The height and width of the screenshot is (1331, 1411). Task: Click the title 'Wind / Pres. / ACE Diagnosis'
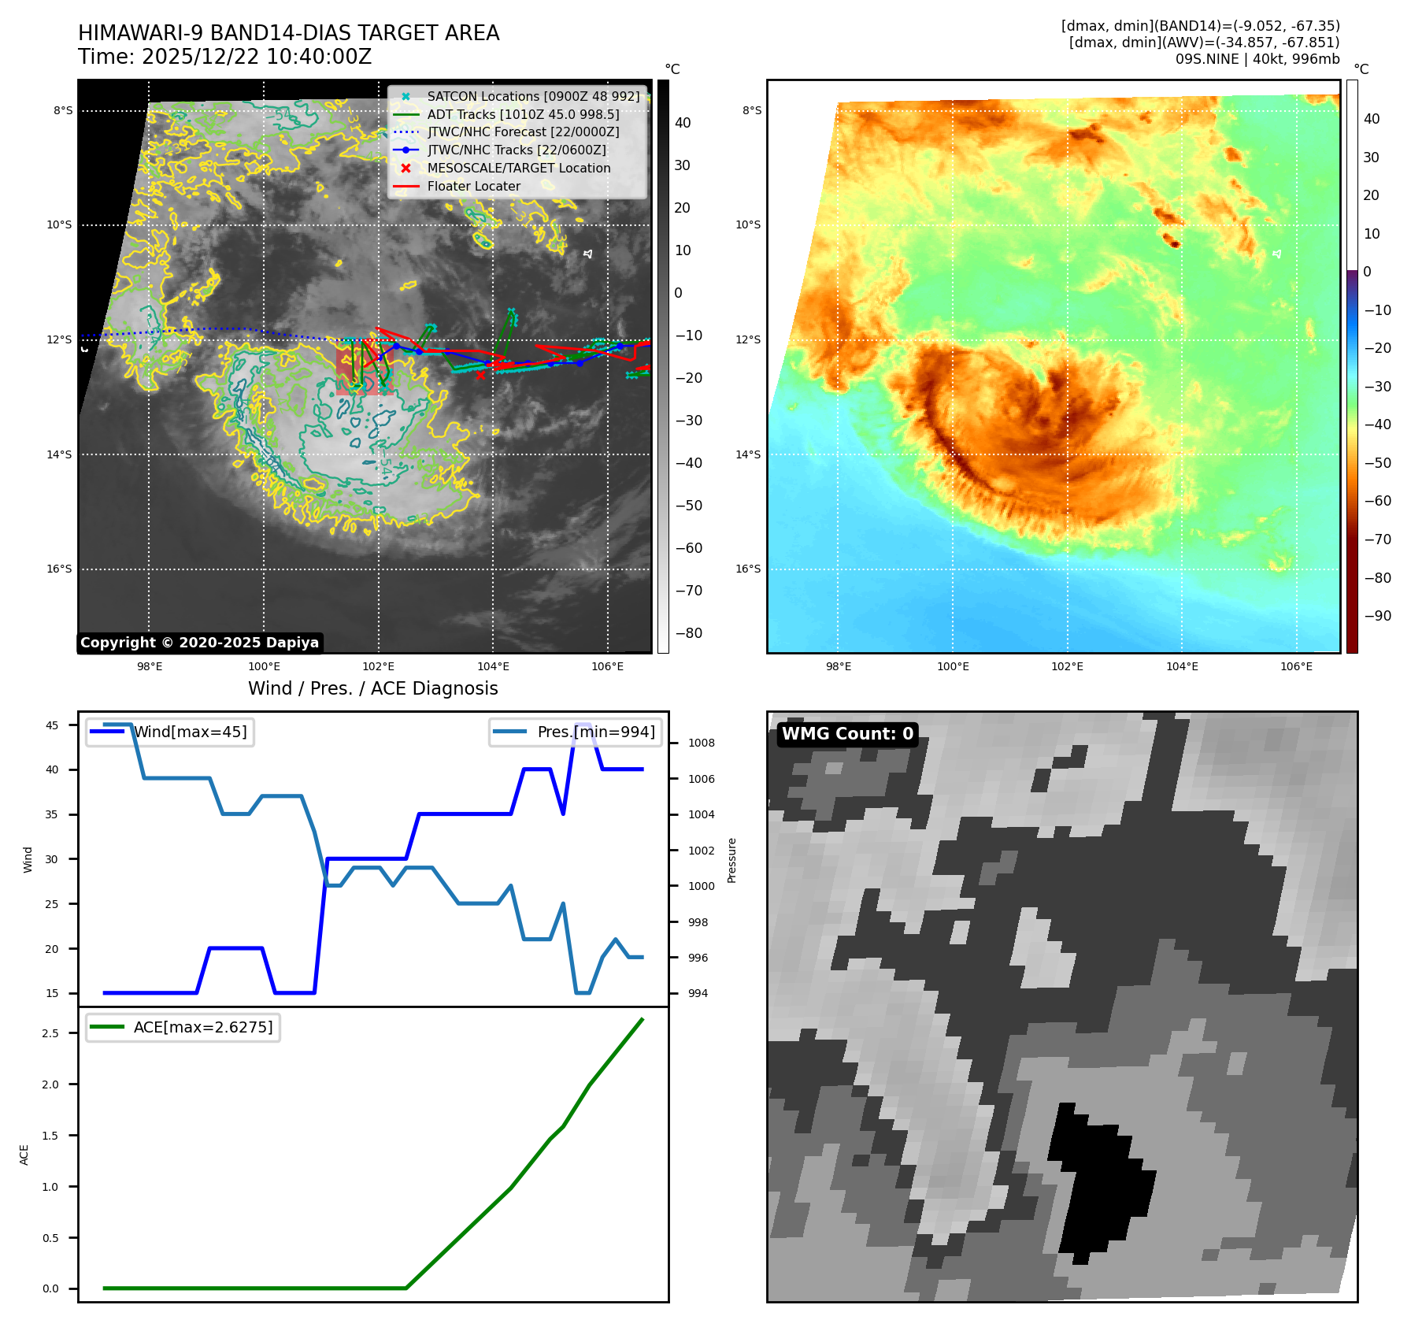(x=372, y=688)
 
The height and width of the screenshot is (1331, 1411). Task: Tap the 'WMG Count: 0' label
(x=847, y=734)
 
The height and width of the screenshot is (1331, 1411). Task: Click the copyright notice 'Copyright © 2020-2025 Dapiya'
(x=199, y=643)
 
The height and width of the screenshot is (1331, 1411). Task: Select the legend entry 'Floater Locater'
(x=473, y=187)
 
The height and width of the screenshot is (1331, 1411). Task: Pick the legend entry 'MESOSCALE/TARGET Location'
(x=518, y=169)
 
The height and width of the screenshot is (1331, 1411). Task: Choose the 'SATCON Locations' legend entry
(x=532, y=97)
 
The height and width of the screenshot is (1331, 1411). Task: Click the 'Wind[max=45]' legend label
(x=190, y=732)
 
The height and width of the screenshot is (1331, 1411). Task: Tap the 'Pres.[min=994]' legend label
(x=595, y=732)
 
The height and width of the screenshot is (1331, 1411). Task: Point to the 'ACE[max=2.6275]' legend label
(x=203, y=1028)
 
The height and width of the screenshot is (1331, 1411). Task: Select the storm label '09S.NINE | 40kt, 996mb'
(x=1257, y=59)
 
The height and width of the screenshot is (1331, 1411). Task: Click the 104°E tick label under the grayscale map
(x=493, y=667)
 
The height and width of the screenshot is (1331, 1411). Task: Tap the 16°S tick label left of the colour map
(x=748, y=569)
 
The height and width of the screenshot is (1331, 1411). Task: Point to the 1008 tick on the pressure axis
(x=701, y=743)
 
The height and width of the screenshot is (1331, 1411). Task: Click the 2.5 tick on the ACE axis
(x=50, y=1033)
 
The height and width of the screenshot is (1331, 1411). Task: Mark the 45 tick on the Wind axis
(x=52, y=725)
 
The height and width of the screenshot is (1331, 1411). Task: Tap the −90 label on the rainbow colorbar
(x=1377, y=616)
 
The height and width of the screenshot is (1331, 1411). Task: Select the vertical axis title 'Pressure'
(x=732, y=860)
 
